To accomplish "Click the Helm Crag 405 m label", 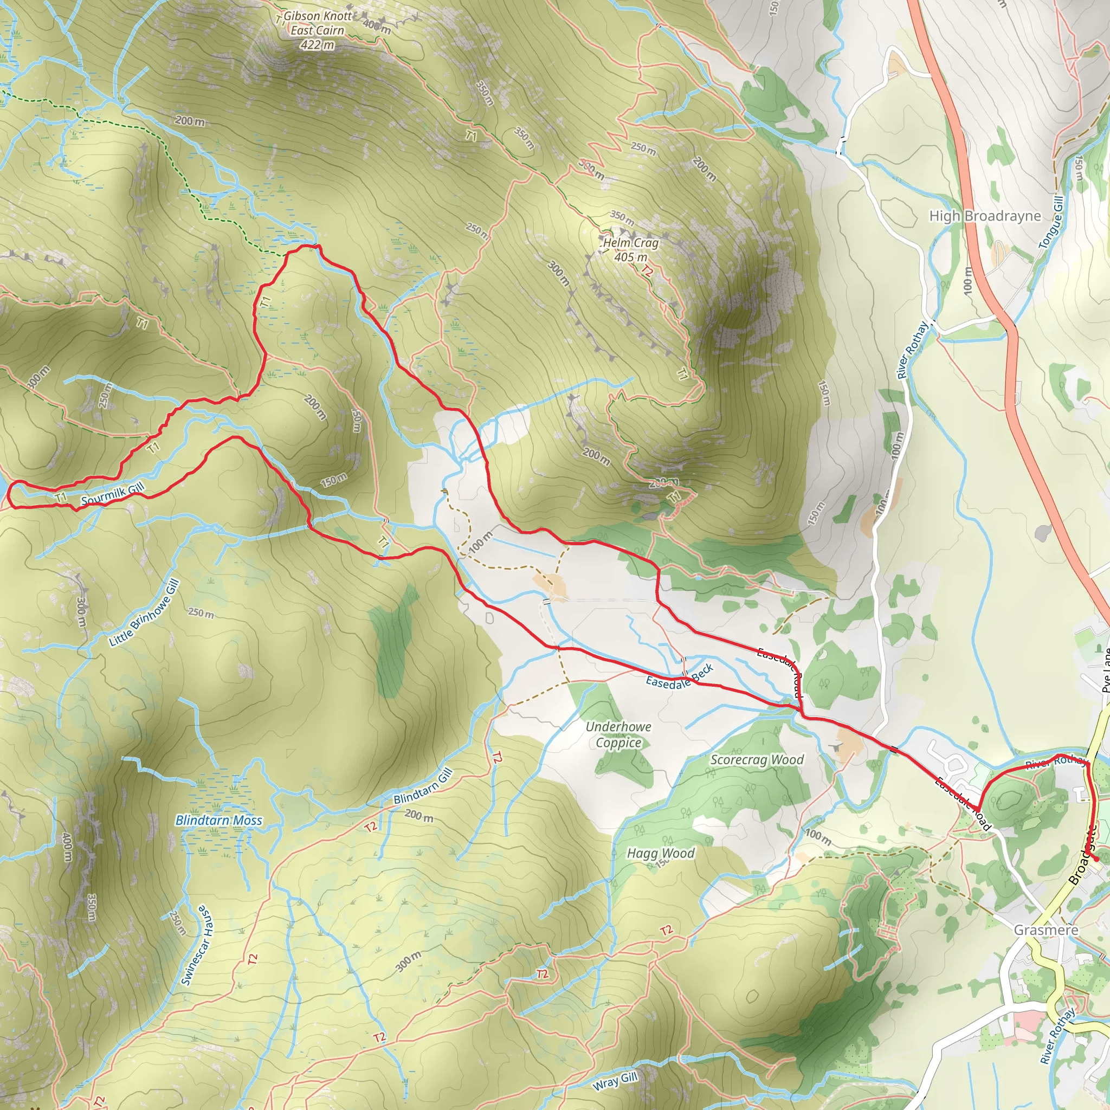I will pos(630,250).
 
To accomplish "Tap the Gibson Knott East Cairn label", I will pos(317,23).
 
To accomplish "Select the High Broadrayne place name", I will pos(985,216).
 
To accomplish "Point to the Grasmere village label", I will pos(1046,930).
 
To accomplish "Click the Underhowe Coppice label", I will pos(618,734).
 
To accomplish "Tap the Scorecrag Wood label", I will pos(757,759).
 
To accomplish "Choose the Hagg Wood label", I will pos(661,853).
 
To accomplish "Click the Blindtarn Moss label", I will pos(218,821).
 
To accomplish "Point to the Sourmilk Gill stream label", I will pos(113,495).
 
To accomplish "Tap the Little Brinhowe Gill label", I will pos(145,613).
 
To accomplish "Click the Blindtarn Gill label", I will pos(423,787).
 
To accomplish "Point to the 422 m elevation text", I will pos(317,45).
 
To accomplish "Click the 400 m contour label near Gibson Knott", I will pos(377,26).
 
